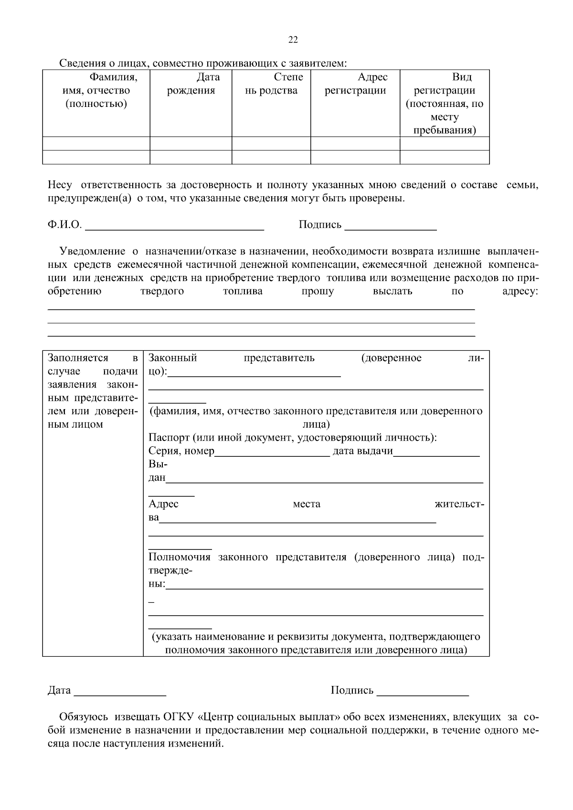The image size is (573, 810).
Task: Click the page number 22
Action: pyautogui.click(x=293, y=40)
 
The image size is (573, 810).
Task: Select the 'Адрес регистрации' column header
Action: pyautogui.click(x=355, y=84)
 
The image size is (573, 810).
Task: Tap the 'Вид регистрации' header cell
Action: pyautogui.click(x=445, y=103)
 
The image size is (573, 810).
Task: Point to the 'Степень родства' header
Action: pyautogui.click(x=271, y=84)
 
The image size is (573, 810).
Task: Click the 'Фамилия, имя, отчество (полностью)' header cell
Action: pyautogui.click(x=96, y=90)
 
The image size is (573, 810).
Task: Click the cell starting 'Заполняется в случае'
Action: pyautogui.click(x=93, y=391)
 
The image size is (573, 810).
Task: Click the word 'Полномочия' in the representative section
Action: pyautogui.click(x=179, y=558)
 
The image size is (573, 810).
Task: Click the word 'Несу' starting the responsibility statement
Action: pyautogui.click(x=60, y=185)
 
